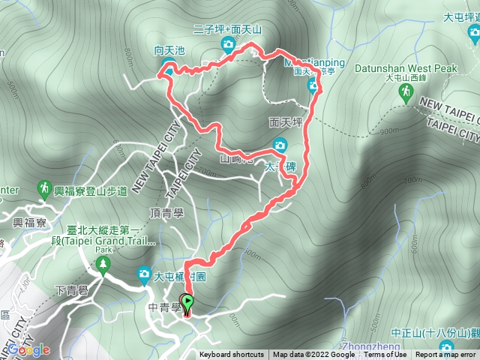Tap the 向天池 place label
169,50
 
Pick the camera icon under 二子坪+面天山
227,46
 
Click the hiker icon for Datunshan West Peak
405,91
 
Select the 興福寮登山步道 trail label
90,191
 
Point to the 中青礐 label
163,307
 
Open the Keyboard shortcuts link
232,355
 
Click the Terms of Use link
385,355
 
